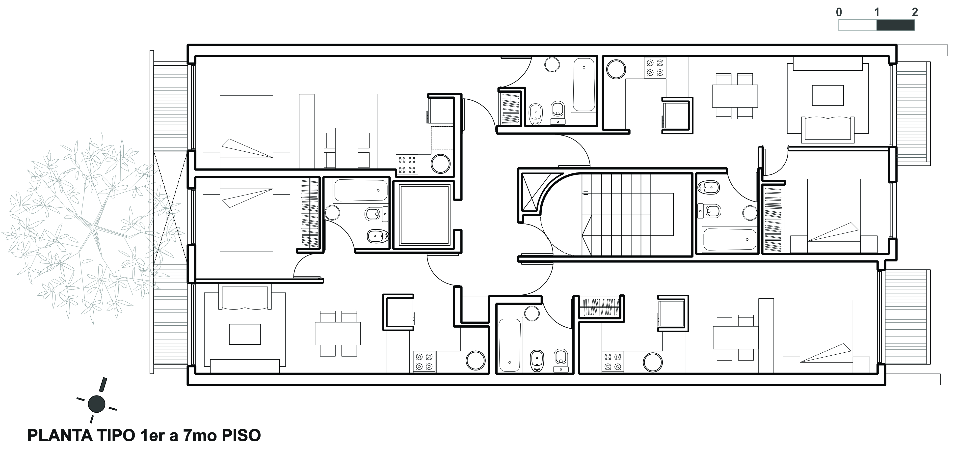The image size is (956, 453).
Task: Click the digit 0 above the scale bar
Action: [x=839, y=12]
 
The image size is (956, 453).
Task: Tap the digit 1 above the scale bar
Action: [x=876, y=12]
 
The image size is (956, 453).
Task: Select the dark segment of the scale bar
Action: [x=896, y=25]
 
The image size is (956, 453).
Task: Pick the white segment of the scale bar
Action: [x=858, y=25]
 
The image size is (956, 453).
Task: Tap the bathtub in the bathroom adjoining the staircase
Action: [x=729, y=239]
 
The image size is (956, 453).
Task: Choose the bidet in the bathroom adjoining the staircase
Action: [x=709, y=188]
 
